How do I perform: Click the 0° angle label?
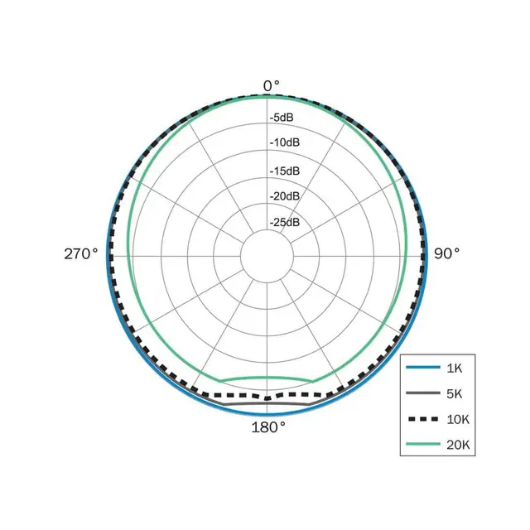pyautogui.click(x=272, y=86)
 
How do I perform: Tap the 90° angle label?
pyautogui.click(x=446, y=253)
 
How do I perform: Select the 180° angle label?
pyautogui.click(x=268, y=427)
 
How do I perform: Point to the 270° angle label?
pyautogui.click(x=81, y=253)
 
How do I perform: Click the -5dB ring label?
pyautogui.click(x=282, y=118)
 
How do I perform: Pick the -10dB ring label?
pyautogui.click(x=285, y=142)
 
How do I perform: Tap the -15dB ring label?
pyautogui.click(x=285, y=171)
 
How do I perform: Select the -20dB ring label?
pyautogui.click(x=285, y=196)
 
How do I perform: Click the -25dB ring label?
pyautogui.click(x=285, y=223)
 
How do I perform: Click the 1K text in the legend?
pyautogui.click(x=455, y=368)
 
